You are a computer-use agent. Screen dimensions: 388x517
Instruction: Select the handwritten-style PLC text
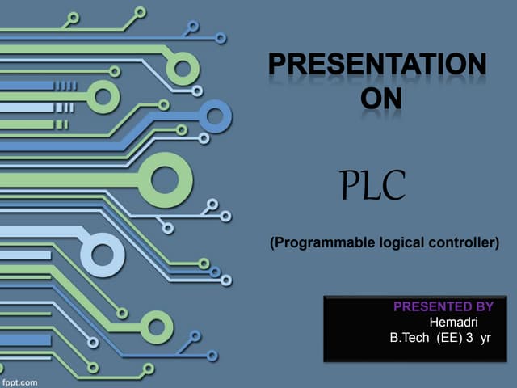[372, 187]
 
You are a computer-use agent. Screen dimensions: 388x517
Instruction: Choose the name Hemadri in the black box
[453, 321]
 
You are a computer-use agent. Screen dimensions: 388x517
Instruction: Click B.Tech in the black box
[410, 336]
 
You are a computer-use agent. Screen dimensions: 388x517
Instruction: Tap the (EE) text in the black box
[448, 336]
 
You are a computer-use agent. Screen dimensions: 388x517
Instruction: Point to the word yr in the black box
[485, 336]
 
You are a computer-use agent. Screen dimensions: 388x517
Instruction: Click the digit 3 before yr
[469, 336]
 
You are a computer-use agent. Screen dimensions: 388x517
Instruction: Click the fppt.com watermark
[19, 380]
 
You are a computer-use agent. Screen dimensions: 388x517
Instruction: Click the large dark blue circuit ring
[215, 116]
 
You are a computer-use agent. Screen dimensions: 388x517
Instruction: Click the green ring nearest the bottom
[156, 326]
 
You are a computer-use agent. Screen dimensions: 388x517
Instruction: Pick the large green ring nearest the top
[183, 69]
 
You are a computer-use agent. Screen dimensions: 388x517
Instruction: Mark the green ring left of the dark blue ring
[103, 97]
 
